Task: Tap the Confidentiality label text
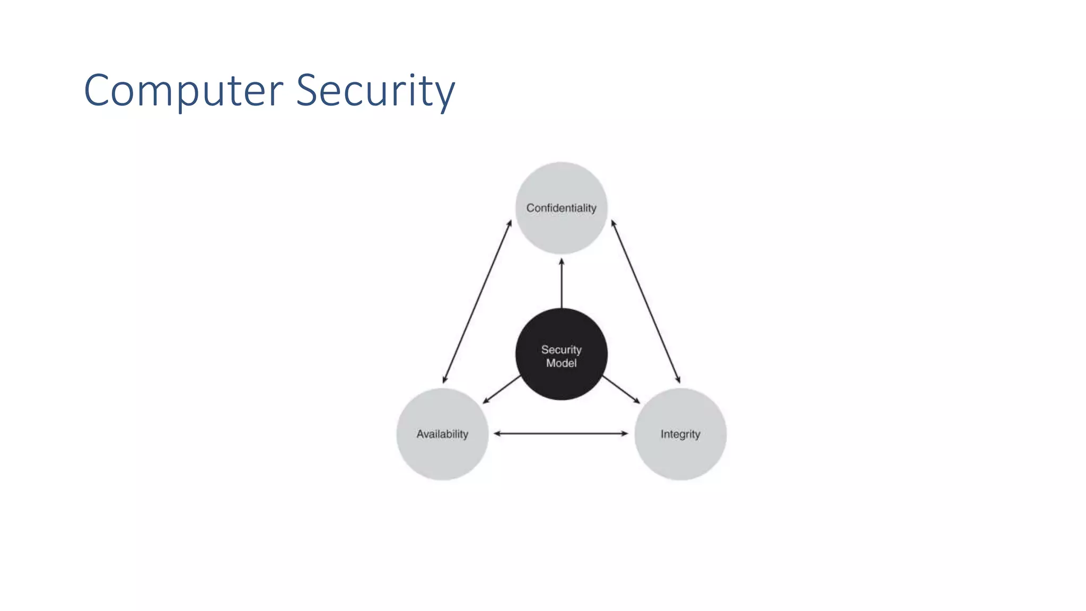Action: point(561,208)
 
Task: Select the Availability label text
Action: point(442,434)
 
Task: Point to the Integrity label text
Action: point(680,434)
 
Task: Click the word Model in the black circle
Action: point(561,363)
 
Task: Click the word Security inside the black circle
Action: point(561,350)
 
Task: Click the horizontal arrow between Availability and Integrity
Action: point(561,433)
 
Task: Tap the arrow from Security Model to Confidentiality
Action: point(562,284)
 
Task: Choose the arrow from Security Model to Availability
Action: point(502,389)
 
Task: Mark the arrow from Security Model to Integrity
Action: point(621,389)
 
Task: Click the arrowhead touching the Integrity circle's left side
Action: point(625,433)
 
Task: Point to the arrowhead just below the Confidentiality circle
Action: point(562,261)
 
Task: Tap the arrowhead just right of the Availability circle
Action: point(497,433)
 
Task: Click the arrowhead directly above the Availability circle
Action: point(444,379)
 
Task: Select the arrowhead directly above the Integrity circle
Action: point(678,379)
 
